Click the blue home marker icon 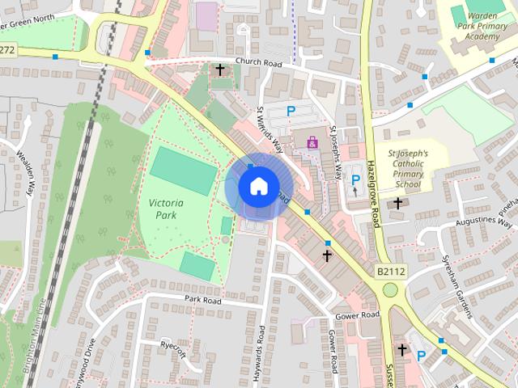(x=257, y=187)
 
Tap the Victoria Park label (x=167, y=209)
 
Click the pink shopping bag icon (x=312, y=142)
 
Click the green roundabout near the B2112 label (x=391, y=290)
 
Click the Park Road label (x=202, y=299)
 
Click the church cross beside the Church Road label (x=220, y=70)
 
